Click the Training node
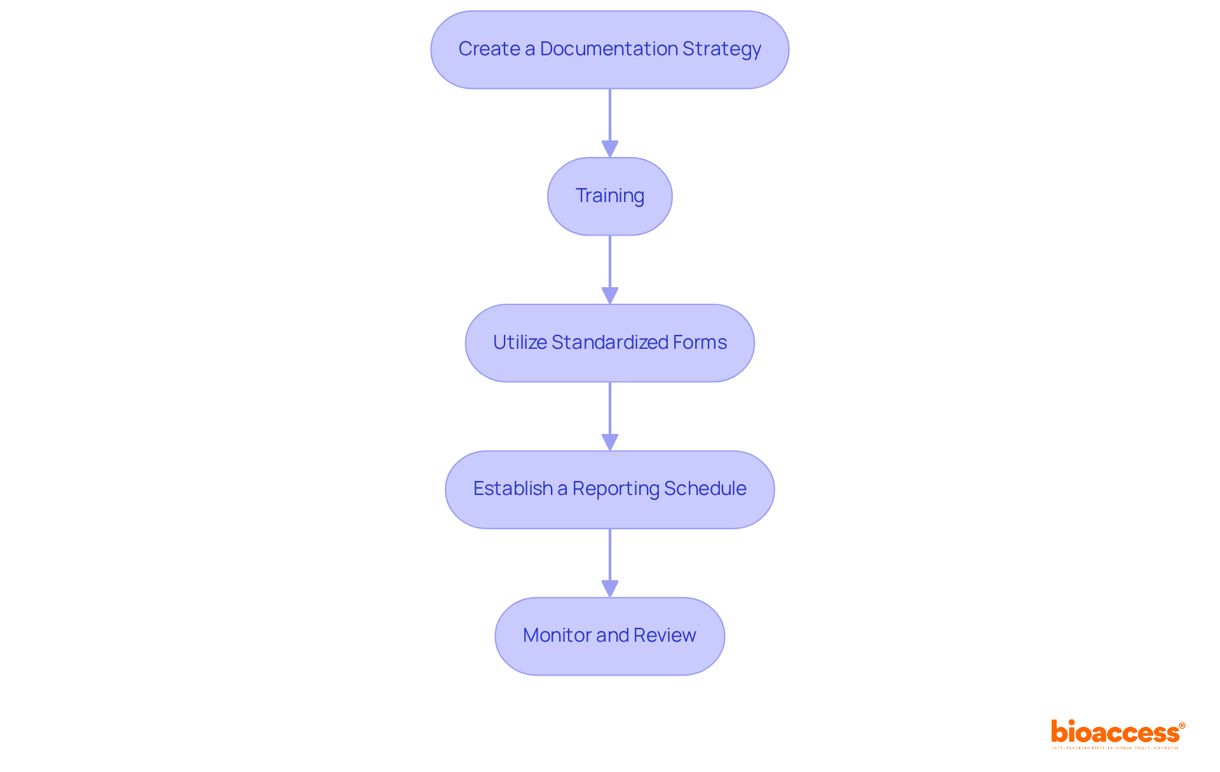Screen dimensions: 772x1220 coord(609,196)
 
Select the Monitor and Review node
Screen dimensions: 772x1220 coord(609,636)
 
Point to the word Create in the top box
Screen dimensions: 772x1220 coord(489,49)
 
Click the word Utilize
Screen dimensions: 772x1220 coord(520,342)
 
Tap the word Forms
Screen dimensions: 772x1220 coord(700,342)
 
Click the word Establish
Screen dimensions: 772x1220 coord(513,489)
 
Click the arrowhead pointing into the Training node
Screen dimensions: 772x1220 coord(609,149)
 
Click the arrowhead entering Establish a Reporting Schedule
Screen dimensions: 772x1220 coord(609,442)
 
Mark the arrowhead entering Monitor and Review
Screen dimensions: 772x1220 coord(609,588)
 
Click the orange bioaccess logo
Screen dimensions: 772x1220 coord(1115,733)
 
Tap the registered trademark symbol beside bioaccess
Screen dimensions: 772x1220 coord(1182,726)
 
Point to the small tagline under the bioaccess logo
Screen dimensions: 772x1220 coord(1115,748)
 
